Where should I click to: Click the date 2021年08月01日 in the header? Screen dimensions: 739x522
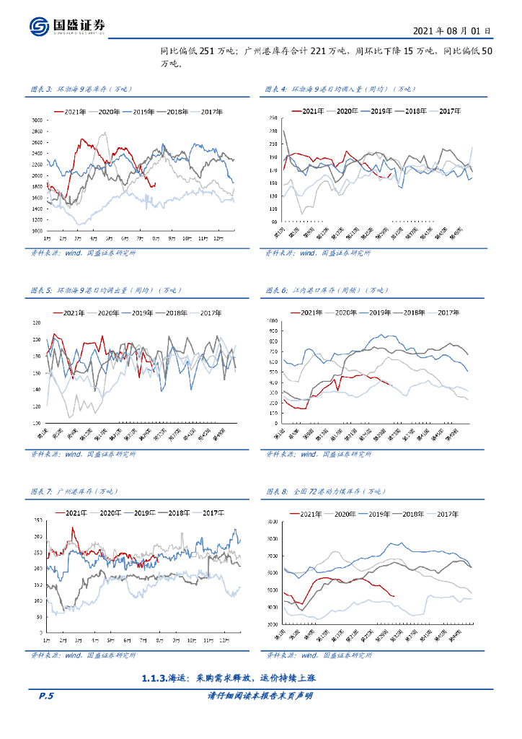tap(453, 31)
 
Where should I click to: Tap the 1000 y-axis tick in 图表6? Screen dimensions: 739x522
tap(272, 319)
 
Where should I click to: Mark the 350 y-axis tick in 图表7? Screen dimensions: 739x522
tap(37, 520)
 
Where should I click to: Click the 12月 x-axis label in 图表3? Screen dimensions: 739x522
tap(221, 237)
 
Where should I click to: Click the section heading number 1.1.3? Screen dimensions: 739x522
tap(154, 678)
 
